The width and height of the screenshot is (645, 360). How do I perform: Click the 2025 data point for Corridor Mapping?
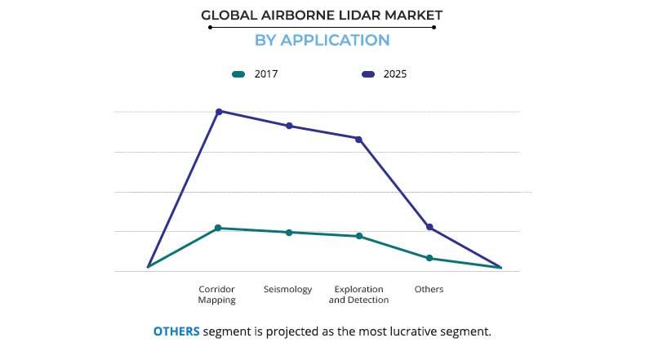[x=218, y=111]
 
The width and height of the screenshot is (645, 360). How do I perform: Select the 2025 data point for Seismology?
[x=288, y=126]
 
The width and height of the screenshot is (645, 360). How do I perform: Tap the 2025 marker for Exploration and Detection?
[x=358, y=139]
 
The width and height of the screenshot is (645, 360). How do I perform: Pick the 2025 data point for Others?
[x=429, y=227]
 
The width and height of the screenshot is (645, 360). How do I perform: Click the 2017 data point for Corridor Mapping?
[x=218, y=228]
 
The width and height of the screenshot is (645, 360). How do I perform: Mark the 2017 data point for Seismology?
[x=288, y=233]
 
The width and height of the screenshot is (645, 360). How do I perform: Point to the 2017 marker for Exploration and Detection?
[x=358, y=236]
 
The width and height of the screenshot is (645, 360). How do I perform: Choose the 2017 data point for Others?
[x=429, y=258]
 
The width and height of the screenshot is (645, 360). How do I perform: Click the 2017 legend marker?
[x=238, y=74]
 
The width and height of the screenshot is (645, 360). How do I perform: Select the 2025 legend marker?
[x=367, y=74]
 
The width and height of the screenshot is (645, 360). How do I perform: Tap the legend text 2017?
[x=266, y=74]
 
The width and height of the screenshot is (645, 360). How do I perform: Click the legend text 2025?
[x=395, y=74]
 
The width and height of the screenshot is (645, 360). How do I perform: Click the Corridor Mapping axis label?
[x=217, y=295]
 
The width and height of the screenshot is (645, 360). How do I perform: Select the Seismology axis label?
[x=287, y=290]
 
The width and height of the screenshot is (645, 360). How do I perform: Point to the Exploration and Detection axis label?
[x=358, y=295]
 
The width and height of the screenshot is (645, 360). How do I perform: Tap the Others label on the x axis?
[x=429, y=290]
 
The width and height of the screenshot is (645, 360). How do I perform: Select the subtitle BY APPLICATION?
[x=322, y=40]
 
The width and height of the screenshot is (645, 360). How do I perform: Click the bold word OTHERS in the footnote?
[x=176, y=331]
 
